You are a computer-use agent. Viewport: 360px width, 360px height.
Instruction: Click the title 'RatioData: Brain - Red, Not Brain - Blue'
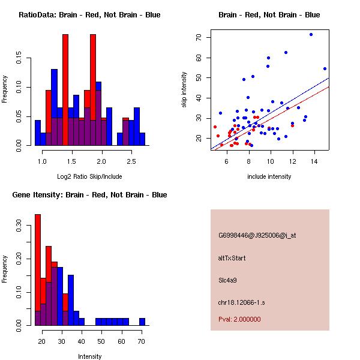[89, 15]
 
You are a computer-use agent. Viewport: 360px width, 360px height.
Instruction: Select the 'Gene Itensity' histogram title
[89, 195]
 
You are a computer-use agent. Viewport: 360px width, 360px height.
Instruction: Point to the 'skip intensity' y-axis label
[184, 90]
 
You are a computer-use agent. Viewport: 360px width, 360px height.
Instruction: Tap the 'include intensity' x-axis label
[269, 176]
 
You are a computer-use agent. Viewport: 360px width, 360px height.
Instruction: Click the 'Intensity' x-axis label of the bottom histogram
[89, 356]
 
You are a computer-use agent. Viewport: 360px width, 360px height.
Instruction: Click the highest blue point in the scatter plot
[311, 34]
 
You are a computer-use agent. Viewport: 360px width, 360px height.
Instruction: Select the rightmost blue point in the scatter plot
[325, 68]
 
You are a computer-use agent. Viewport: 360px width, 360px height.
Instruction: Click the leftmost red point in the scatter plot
[215, 127]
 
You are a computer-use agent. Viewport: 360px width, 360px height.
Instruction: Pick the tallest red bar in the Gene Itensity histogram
[37, 269]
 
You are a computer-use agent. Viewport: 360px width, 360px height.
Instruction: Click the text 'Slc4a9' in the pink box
[228, 280]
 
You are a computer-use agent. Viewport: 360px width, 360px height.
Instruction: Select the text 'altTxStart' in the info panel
[232, 258]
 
